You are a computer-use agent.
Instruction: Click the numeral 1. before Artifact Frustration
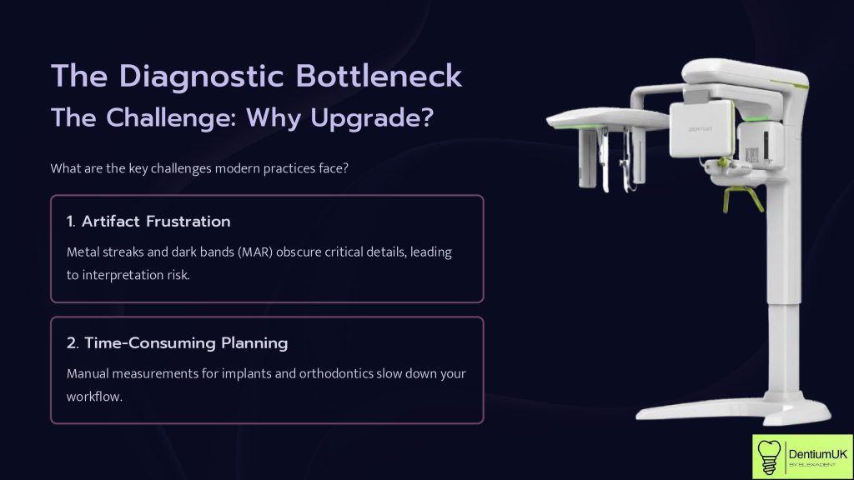point(72,222)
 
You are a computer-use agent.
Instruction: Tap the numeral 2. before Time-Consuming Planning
point(73,342)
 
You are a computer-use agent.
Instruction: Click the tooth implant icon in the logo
point(770,457)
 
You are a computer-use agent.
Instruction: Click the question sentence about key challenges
point(199,168)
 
